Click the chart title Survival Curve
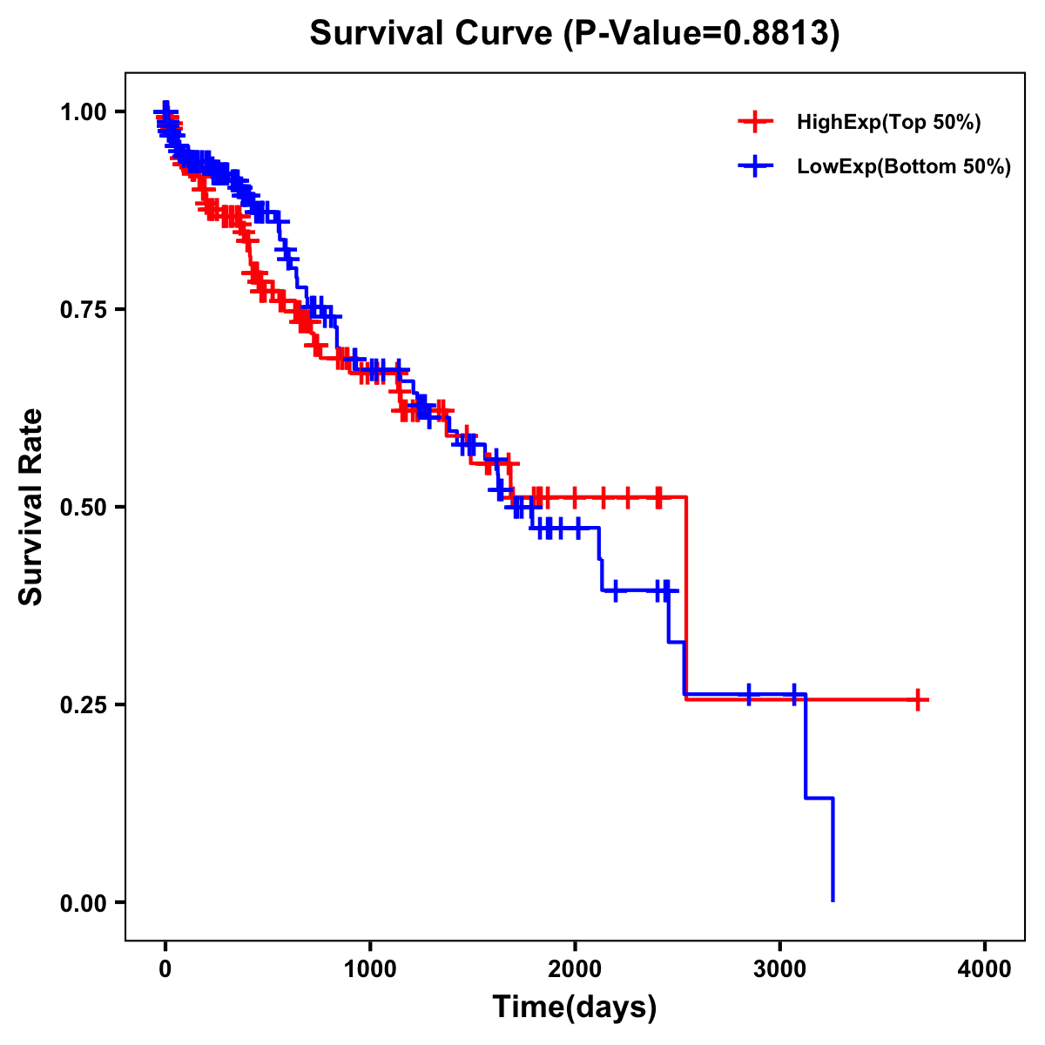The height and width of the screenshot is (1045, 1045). point(431,34)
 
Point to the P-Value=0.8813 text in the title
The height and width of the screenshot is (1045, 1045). point(701,34)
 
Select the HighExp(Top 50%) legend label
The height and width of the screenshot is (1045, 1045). point(888,123)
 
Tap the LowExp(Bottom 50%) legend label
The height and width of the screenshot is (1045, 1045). point(904,166)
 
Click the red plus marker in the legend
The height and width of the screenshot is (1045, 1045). point(755,122)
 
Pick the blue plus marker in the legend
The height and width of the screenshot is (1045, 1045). point(755,165)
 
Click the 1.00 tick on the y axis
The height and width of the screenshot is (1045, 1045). point(83,111)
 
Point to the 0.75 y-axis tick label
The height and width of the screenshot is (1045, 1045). point(83,309)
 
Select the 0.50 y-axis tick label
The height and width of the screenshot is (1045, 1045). point(83,507)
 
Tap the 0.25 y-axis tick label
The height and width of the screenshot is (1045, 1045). point(83,705)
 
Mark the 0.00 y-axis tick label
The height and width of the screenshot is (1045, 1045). point(83,902)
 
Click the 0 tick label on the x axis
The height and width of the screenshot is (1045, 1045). point(165,969)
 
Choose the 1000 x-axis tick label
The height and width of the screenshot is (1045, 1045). point(370,969)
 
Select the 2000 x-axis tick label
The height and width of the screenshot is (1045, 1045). point(575,969)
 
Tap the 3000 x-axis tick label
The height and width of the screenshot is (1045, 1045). point(780,969)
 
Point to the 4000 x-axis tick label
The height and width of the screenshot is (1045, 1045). point(985,969)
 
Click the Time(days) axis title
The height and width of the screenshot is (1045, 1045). point(575,1008)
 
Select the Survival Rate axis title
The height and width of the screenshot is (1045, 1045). point(32,506)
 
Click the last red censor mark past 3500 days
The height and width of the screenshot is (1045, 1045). point(918,699)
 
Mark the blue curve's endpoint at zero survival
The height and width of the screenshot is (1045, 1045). point(833,900)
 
